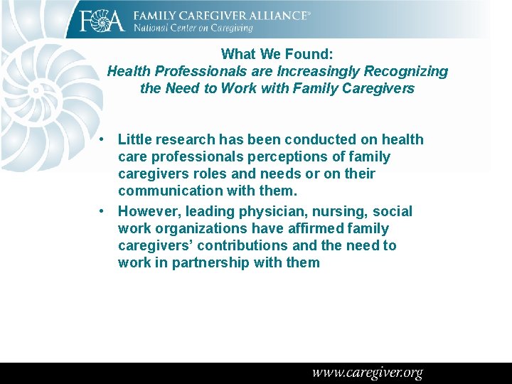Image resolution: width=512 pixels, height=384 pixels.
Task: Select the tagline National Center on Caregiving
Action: (193, 28)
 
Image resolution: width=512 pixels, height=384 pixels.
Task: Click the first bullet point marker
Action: (104, 139)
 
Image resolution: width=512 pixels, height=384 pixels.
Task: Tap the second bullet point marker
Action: (104, 211)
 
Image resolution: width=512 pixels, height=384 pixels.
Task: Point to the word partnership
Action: (210, 262)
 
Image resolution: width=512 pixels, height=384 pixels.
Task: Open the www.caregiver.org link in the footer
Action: (367, 373)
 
